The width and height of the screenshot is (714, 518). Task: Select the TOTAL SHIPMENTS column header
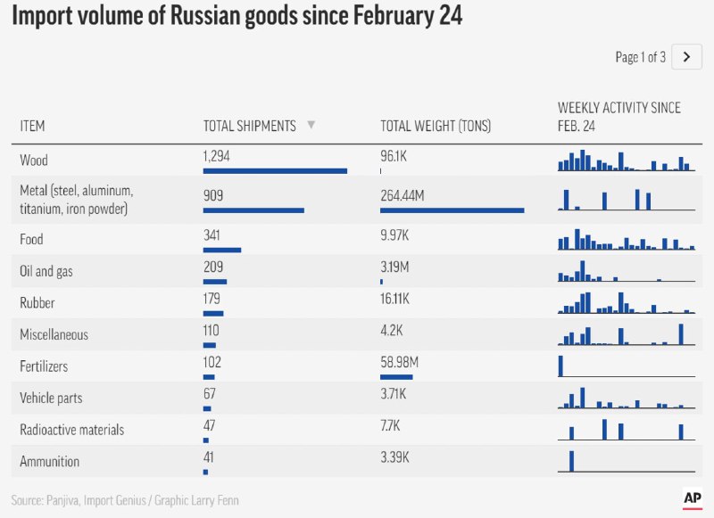point(249,127)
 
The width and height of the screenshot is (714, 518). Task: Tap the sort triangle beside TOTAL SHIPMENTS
point(311,126)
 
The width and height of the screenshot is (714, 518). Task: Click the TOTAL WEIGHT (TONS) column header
point(436,127)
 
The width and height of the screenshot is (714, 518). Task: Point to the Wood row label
point(34,160)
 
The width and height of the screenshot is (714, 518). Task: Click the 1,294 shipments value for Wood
point(217,156)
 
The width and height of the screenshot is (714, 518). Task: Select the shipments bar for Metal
point(253,210)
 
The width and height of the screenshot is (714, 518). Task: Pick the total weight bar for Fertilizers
point(396,376)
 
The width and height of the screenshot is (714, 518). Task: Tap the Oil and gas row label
point(46,271)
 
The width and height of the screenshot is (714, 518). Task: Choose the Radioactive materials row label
point(71,430)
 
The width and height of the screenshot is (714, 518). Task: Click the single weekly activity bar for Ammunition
point(572,461)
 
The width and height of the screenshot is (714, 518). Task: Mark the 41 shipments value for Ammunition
point(209,456)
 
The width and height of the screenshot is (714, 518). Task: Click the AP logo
point(693,498)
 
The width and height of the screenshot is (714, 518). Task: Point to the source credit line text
point(125,500)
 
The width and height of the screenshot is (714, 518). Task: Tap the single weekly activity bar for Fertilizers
point(560,366)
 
